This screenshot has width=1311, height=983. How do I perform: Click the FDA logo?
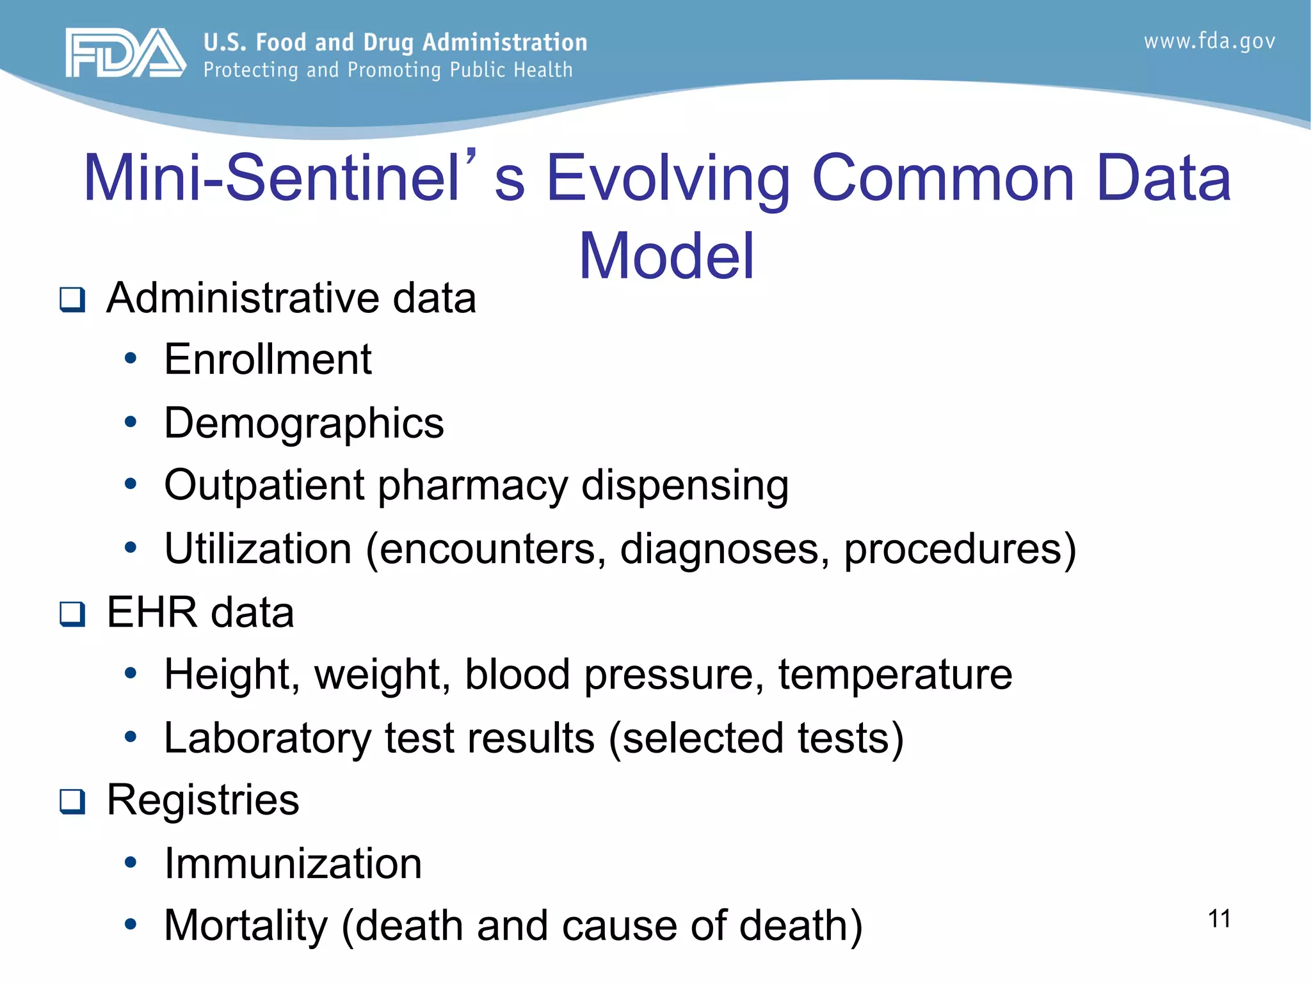[x=125, y=52]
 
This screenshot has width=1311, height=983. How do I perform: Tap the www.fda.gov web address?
[x=1209, y=42]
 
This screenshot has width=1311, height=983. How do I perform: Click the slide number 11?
[x=1219, y=919]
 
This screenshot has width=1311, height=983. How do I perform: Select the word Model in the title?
[x=666, y=256]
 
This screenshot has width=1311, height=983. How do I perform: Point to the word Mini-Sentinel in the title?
[x=273, y=178]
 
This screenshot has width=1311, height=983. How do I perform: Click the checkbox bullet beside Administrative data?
[x=72, y=299]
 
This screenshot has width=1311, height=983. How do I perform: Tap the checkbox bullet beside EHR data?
[x=72, y=614]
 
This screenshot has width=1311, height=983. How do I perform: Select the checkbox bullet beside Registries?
[x=72, y=801]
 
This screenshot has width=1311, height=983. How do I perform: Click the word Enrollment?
[x=268, y=359]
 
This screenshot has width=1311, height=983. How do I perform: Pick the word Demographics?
[x=303, y=424]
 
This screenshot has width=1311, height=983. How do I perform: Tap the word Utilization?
[x=257, y=548]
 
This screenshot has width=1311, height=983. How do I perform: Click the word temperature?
[x=895, y=675]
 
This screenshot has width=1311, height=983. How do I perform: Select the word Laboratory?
[x=268, y=738]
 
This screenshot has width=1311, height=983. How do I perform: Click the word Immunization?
[x=293, y=863]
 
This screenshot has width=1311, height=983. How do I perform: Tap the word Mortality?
[x=246, y=926]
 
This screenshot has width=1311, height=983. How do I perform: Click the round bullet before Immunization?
[x=131, y=863]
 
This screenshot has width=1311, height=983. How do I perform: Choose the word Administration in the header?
[x=504, y=42]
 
